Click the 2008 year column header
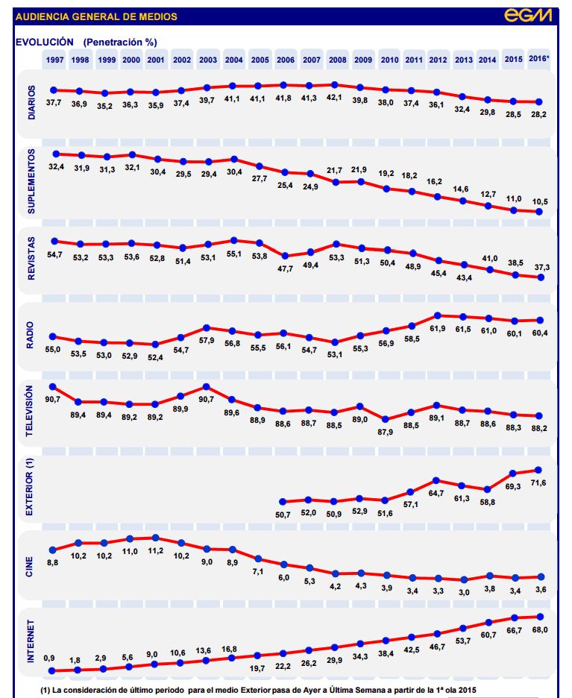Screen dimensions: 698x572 pyautogui.click(x=337, y=60)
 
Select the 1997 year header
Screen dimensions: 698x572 pyautogui.click(x=54, y=60)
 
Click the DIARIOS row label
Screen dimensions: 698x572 pyautogui.click(x=31, y=102)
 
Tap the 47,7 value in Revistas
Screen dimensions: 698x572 pyautogui.click(x=285, y=268)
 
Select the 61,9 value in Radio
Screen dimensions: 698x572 pyautogui.click(x=439, y=329)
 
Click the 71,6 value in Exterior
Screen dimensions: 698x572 pyautogui.click(x=538, y=484)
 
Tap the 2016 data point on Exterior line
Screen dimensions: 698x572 pyautogui.click(x=538, y=470)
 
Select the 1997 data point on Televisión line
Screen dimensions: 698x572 pyautogui.click(x=53, y=386)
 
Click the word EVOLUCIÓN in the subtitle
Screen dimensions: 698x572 pyautogui.click(x=44, y=42)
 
